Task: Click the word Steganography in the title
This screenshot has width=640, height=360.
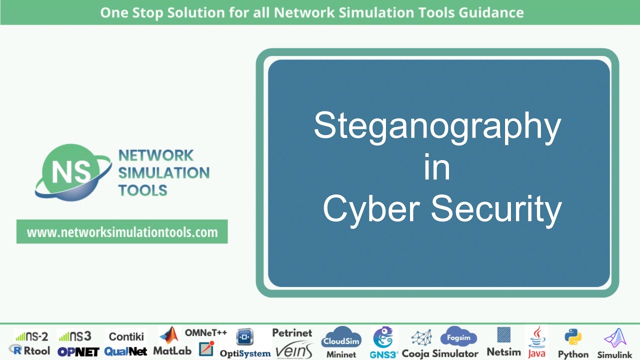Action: click(x=437, y=126)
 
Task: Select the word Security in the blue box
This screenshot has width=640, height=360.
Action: click(x=496, y=209)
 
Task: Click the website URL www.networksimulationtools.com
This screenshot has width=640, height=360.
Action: click(x=122, y=232)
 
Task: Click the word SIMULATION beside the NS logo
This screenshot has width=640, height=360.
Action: click(x=164, y=173)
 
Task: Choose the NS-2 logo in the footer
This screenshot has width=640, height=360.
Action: click(x=31, y=336)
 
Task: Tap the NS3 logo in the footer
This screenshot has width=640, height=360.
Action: click(x=74, y=336)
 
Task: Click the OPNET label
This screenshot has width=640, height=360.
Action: click(x=78, y=351)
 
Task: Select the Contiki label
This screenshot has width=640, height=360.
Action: click(x=126, y=336)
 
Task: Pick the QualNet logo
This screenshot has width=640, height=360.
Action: click(x=125, y=351)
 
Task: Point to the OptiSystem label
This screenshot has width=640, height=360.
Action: click(x=245, y=353)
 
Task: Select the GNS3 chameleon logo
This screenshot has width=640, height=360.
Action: click(x=383, y=337)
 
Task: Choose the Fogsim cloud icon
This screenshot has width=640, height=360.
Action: click(x=458, y=336)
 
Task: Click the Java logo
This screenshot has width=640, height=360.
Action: click(x=536, y=336)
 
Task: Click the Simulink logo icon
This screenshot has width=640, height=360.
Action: click(x=615, y=338)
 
